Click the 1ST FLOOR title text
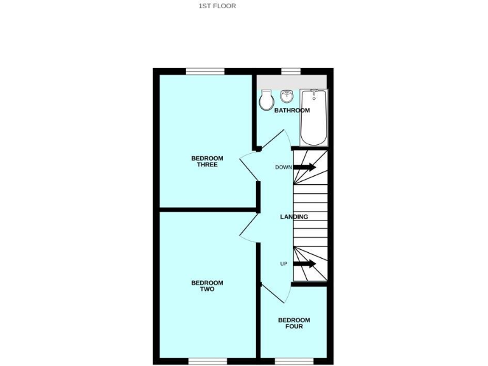coord(217,6)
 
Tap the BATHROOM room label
coord(292,111)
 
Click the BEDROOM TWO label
coord(207,286)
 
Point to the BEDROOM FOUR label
coord(294,323)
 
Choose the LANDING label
coord(294,217)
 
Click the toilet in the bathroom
coord(266,100)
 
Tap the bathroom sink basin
coord(287,96)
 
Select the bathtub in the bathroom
coord(313,117)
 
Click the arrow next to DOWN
coord(304,167)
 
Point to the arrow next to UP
coord(304,264)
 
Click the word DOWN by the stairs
coord(283,167)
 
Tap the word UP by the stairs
coord(283,264)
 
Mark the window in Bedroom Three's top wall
coord(205,71)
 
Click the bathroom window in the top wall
coord(290,71)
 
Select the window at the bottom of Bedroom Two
coord(207,361)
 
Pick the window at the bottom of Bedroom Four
coord(294,361)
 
